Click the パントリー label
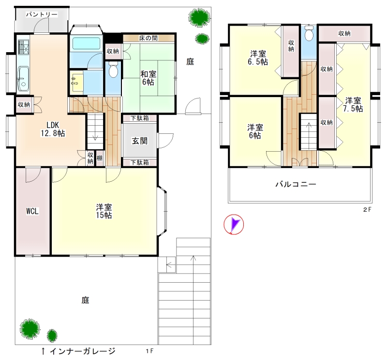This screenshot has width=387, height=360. pos(42,14)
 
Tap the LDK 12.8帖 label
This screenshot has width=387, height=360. pos(53,129)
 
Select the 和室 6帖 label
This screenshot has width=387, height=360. pos(148,78)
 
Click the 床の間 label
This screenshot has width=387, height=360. pos(149,38)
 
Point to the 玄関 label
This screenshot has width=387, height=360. pos(140,141)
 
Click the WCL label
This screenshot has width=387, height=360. pos(32,211)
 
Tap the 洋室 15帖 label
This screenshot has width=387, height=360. pos(104,211)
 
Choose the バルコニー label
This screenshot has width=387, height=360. pos(296,184)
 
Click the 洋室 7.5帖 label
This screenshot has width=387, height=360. pos(353,104)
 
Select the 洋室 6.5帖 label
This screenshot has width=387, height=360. pos(258,58)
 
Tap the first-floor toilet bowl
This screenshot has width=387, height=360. pos(113,70)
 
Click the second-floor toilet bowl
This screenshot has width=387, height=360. pos(309,34)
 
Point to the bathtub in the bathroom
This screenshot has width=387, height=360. pos(86,43)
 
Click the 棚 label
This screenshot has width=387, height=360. pos(100,158)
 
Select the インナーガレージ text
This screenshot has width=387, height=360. pos(82,351)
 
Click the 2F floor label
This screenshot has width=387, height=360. pos(367,210)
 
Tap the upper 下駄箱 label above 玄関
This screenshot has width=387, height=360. pos(140,118)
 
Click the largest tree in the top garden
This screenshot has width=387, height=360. pos(199,17)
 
